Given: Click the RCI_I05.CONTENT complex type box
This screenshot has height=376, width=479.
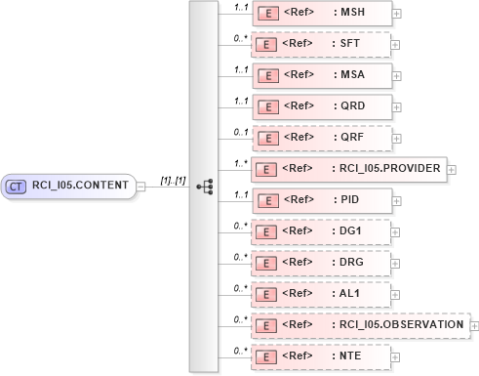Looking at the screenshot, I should [68, 186].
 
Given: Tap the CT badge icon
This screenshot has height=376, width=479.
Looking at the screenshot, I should [17, 186].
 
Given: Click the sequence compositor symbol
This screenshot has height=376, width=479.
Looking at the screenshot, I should [204, 186].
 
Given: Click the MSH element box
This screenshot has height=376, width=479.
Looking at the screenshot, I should [321, 13].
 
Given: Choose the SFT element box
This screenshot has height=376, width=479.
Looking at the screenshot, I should [321, 44].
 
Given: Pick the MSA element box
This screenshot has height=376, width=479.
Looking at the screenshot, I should [321, 75].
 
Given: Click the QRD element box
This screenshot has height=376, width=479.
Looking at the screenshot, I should [321, 106].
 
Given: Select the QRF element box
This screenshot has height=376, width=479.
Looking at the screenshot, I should [321, 138].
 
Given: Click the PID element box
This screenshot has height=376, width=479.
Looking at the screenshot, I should [321, 200].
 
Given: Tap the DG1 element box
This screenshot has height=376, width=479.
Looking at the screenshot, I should [321, 231].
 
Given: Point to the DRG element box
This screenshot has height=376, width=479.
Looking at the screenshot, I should [321, 263].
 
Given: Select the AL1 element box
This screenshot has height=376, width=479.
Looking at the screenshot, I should [321, 294].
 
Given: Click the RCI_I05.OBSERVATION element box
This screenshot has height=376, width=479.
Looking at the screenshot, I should [359, 325].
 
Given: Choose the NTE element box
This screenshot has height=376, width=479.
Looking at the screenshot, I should [321, 356].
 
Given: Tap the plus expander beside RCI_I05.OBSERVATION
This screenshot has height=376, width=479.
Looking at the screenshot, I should [474, 326].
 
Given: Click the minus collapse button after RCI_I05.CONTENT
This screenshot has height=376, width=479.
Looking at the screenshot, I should [142, 187].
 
